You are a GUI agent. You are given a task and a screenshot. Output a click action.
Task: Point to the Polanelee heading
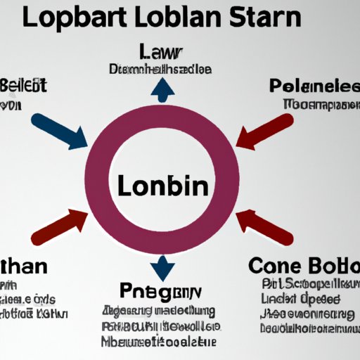tap(314, 88)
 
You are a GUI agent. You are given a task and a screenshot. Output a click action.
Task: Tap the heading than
tap(24, 268)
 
